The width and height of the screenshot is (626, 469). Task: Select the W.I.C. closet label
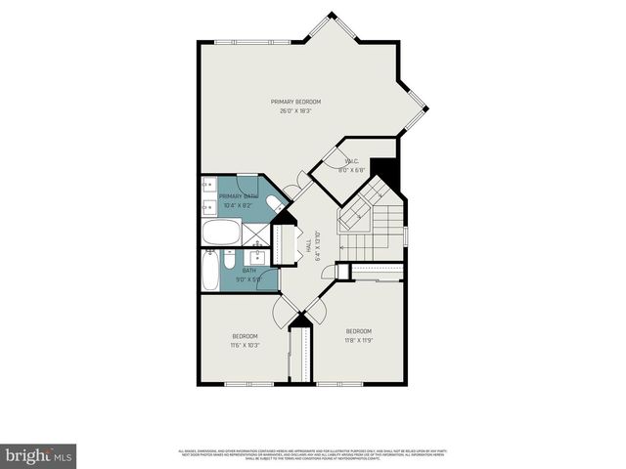[x=351, y=161]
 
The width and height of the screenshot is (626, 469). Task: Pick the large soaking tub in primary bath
[x=221, y=233]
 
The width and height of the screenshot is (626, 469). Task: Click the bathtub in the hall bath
[x=211, y=272]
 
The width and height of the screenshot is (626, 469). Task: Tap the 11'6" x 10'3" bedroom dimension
[x=244, y=346]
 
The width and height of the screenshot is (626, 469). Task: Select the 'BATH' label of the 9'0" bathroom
[x=249, y=270]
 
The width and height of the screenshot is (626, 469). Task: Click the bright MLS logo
[x=38, y=455]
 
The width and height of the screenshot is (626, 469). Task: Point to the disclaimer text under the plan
[x=312, y=454]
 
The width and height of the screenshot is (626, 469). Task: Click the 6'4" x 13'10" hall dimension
[x=318, y=249]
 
